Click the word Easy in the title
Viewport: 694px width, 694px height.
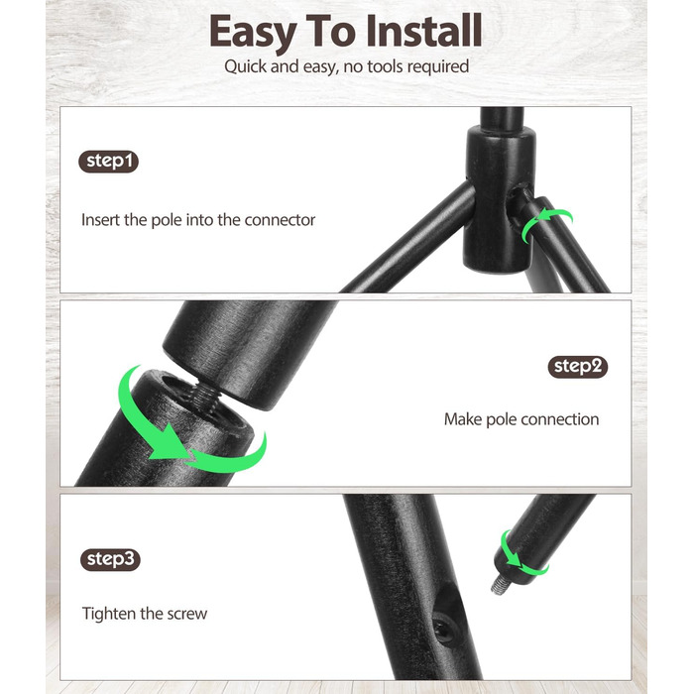tap(253, 32)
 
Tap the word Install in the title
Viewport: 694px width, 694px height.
tap(424, 30)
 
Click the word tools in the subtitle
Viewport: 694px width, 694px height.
tap(385, 66)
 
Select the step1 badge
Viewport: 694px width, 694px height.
tap(108, 161)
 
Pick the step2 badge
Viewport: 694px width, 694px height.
tap(578, 367)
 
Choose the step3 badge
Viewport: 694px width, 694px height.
tap(110, 559)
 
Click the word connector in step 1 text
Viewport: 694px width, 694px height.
tap(280, 220)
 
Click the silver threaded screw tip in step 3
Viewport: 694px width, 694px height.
tap(500, 585)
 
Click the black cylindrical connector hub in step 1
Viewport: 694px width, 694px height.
tap(499, 199)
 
